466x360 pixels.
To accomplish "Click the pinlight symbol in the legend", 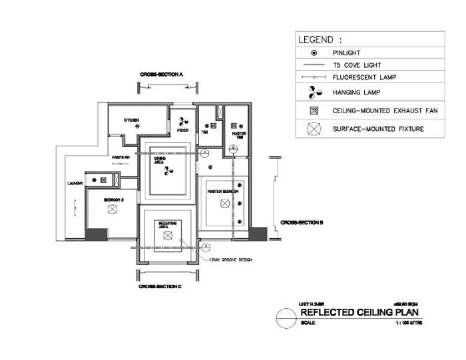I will coord(314,52).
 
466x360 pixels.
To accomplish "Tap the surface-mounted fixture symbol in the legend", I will coord(314,128).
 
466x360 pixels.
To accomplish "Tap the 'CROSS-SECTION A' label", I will coord(161,75).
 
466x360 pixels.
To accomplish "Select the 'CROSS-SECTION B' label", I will coord(302,222).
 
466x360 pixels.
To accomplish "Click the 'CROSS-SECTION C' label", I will coord(160,287).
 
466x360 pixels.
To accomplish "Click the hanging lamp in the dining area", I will coord(168,170).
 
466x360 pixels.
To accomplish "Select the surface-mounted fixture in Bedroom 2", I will coord(113,209).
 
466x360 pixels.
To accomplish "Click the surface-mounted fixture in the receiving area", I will coord(168,237).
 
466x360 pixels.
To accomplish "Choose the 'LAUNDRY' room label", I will coord(75,183).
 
